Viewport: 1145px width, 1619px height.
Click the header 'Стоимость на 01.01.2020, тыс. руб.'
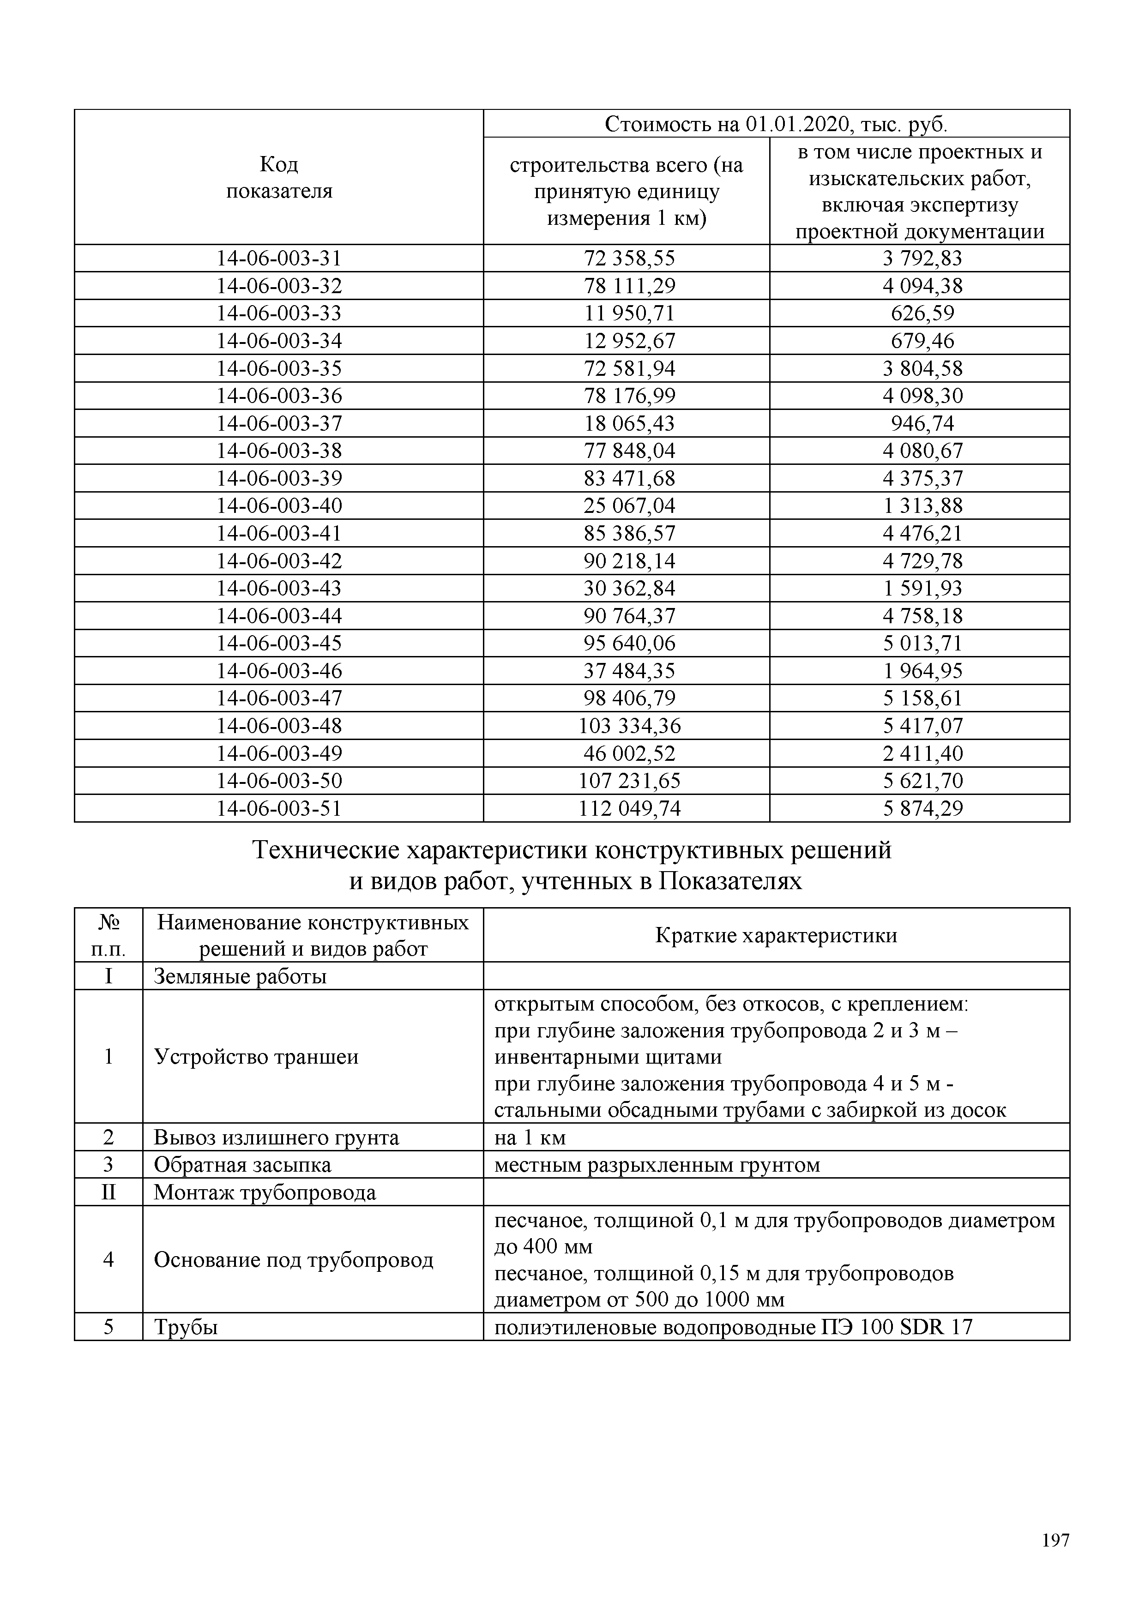click(776, 125)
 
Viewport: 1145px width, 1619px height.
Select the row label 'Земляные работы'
click(240, 977)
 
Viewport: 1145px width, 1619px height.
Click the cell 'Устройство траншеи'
click(256, 1057)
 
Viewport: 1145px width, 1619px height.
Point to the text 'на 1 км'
click(530, 1138)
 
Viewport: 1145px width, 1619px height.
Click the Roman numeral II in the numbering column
click(108, 1193)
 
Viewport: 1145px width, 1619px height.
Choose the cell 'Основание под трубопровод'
click(293, 1260)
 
